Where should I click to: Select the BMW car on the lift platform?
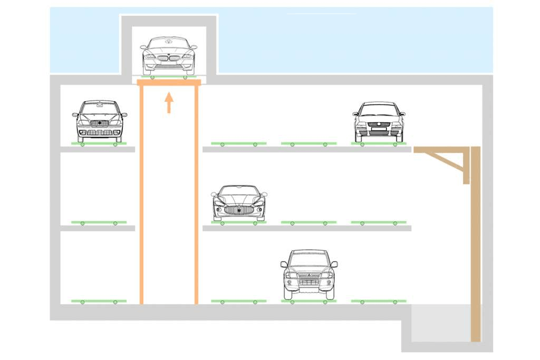coord(169,55)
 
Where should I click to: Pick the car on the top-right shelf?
coord(379,122)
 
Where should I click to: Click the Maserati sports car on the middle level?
coord(239,202)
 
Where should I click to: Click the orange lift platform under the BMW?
coord(169,82)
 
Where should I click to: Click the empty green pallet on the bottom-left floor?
coord(99,301)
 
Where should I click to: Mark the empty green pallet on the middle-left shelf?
coord(99,222)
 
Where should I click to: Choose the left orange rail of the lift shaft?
coord(141,195)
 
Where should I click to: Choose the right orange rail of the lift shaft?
coord(196,195)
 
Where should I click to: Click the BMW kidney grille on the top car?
coord(169,56)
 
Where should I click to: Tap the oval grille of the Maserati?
coord(239,210)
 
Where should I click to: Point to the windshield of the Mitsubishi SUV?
coord(309,260)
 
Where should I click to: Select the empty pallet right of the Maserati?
coord(308,222)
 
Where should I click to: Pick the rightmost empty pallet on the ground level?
coord(379,301)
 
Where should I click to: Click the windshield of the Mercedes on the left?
coord(100,109)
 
